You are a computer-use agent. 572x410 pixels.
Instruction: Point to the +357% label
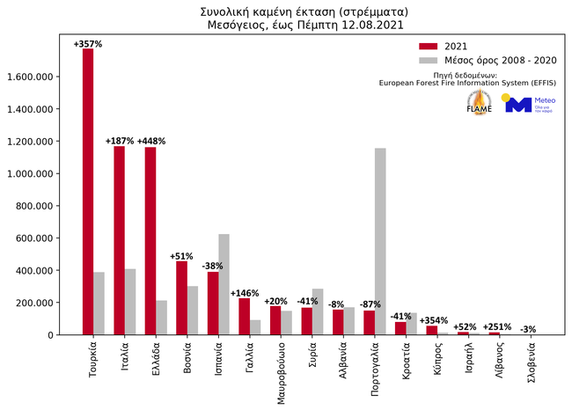click(x=88, y=43)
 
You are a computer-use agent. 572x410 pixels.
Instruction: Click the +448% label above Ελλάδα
click(x=150, y=141)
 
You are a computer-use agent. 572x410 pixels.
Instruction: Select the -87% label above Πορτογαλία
click(x=370, y=304)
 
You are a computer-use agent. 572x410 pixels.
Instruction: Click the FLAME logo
click(x=480, y=104)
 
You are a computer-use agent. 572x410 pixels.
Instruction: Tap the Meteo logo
click(x=527, y=104)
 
